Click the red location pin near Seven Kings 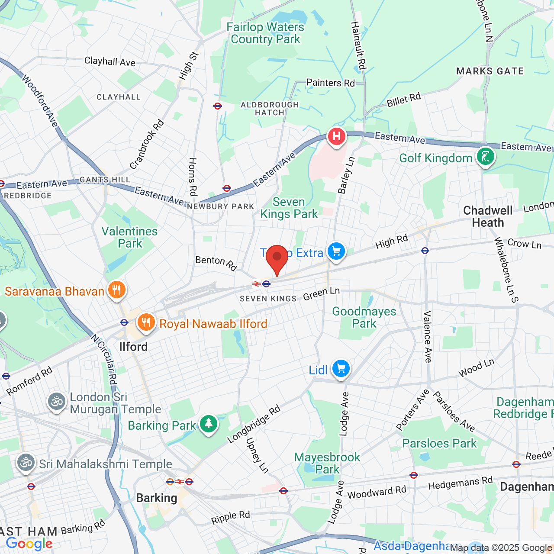point(277,257)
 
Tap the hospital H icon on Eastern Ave point(336,137)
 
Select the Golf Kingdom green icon point(485,157)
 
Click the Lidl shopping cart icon point(341,369)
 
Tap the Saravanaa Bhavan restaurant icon point(116,290)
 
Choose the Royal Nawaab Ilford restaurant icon point(146,322)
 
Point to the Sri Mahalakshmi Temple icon point(26,463)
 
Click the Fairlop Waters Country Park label point(265,33)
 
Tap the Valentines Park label point(129,237)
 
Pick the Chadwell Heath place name point(488,216)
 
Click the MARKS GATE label point(490,71)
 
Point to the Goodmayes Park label point(364,317)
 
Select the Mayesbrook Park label point(327,463)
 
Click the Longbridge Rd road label point(254,424)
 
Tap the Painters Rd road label point(330,83)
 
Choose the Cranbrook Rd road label point(147,144)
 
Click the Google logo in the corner point(29,544)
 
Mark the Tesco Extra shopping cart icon point(336,251)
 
